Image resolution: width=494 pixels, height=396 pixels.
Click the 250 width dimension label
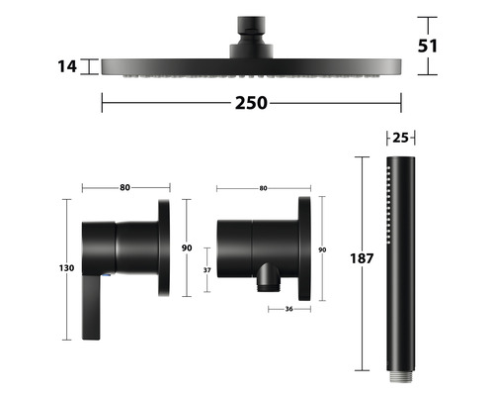click(251, 103)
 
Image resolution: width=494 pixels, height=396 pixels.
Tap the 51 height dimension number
click(428, 46)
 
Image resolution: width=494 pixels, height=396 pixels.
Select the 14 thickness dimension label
click(67, 66)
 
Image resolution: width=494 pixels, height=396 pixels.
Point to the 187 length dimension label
click(362, 258)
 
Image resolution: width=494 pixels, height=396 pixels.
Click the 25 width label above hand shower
click(400, 138)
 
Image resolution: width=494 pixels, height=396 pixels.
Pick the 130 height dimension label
click(66, 268)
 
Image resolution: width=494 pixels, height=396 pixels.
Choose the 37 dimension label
click(206, 270)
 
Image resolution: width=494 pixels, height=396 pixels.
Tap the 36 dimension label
click(288, 309)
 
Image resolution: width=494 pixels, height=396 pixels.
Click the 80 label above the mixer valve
click(124, 187)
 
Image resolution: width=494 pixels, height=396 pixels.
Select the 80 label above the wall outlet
click(263, 188)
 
